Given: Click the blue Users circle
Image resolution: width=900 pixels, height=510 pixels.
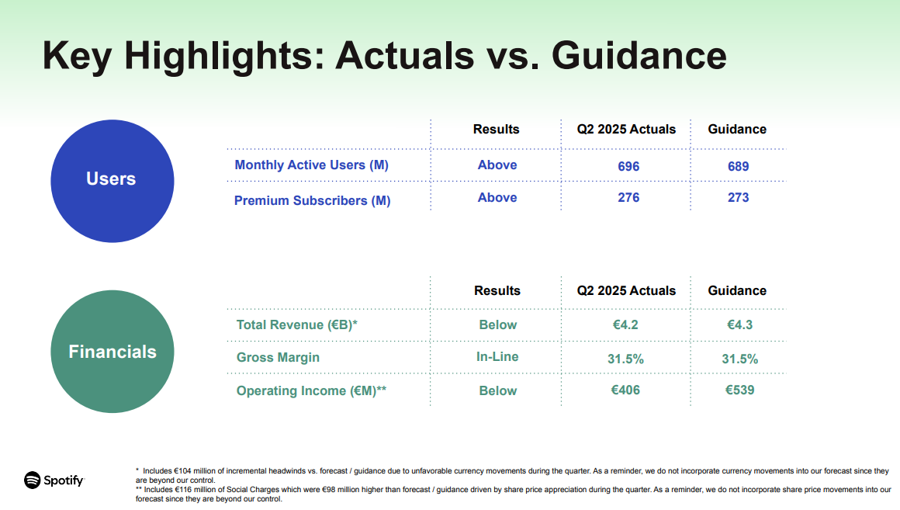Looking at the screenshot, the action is click(x=112, y=181).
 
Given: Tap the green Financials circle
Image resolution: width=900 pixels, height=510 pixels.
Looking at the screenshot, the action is click(x=112, y=352).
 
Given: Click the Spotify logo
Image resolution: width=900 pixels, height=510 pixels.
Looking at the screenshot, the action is click(x=54, y=481).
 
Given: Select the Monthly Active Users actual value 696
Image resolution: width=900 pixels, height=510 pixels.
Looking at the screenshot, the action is click(x=628, y=167).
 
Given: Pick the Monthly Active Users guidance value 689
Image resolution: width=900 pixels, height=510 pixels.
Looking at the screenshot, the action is click(x=738, y=167).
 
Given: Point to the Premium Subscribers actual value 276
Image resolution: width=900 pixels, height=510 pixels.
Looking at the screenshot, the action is click(x=628, y=198).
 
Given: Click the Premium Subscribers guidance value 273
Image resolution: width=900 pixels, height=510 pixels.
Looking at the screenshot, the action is click(x=738, y=198).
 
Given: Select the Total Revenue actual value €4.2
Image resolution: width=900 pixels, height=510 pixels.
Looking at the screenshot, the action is click(x=625, y=325).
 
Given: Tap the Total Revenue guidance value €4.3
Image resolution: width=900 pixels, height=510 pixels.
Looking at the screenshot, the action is click(x=739, y=325).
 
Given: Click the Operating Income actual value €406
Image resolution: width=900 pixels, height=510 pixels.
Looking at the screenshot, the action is click(x=625, y=390).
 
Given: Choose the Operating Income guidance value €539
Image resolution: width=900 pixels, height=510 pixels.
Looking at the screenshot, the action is click(x=739, y=390).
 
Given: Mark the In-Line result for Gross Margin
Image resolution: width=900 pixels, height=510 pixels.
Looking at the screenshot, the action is click(x=497, y=356).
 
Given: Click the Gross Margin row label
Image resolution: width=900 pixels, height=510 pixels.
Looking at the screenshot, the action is click(x=278, y=357).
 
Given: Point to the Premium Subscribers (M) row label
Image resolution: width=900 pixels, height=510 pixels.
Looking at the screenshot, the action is click(x=312, y=200).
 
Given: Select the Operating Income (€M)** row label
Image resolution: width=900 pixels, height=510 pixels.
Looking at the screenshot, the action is click(x=311, y=390).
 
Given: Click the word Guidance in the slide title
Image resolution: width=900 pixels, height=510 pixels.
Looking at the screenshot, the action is click(x=639, y=56).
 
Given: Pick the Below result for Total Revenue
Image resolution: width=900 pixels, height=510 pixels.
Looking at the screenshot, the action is click(x=497, y=325).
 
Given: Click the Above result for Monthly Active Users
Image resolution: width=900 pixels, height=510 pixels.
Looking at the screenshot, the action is click(x=497, y=165).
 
